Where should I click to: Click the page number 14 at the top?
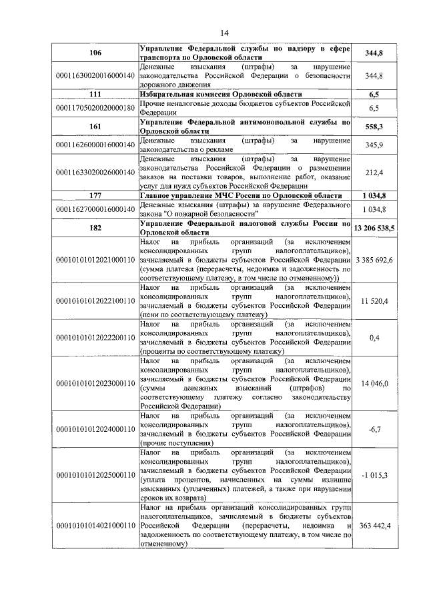(x=224, y=34)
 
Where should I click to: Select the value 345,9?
(x=374, y=145)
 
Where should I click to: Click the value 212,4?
(x=374, y=173)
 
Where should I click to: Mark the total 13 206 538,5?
(x=375, y=227)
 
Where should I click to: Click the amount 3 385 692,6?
(x=375, y=259)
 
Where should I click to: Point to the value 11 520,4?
(x=374, y=301)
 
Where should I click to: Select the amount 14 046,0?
(x=374, y=384)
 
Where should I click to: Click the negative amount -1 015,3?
(x=374, y=474)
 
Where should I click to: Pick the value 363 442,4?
(x=374, y=526)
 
